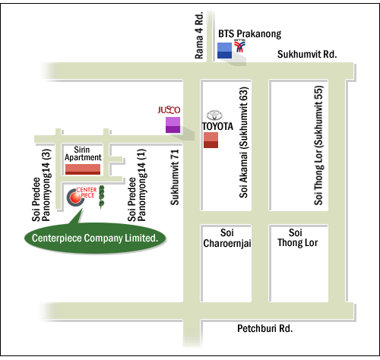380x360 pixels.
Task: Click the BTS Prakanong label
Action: [250, 34]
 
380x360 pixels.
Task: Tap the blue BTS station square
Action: [224, 50]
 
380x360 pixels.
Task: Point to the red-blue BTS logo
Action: [239, 46]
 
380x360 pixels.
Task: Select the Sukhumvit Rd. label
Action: [307, 54]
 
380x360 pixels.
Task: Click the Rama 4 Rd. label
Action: [199, 35]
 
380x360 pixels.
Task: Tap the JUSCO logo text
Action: [169, 110]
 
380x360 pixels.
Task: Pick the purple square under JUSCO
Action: [173, 125]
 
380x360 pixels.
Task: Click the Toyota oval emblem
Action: [214, 115]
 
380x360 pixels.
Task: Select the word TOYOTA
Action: [217, 126]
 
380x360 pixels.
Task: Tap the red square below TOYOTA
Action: [211, 140]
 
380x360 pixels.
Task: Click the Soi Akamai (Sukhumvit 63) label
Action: [244, 143]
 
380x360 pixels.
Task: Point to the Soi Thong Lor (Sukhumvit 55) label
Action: [318, 145]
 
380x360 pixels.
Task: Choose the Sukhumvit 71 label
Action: [175, 177]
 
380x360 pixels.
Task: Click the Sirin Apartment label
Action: [83, 153]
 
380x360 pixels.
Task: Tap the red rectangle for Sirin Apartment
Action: [83, 169]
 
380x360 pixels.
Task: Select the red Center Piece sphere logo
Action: [75, 197]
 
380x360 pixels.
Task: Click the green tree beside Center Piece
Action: [101, 197]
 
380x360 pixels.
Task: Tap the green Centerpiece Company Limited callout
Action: [95, 238]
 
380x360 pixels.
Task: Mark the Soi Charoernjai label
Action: [227, 238]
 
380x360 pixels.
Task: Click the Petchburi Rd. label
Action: [264, 328]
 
